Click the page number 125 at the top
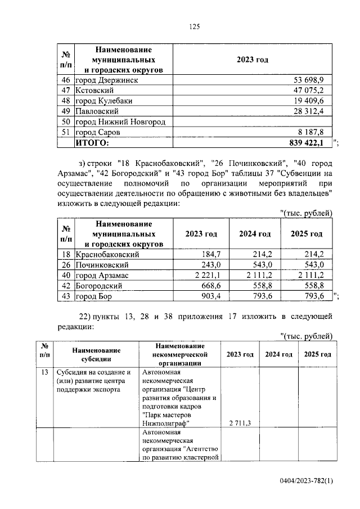[x=195, y=26]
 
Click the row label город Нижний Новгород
[x=120, y=122]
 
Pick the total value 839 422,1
[x=307, y=143]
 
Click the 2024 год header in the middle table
[x=255, y=234]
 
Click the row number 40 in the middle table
[x=65, y=274]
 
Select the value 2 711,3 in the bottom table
[x=240, y=422]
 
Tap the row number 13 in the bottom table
[x=45, y=372]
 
